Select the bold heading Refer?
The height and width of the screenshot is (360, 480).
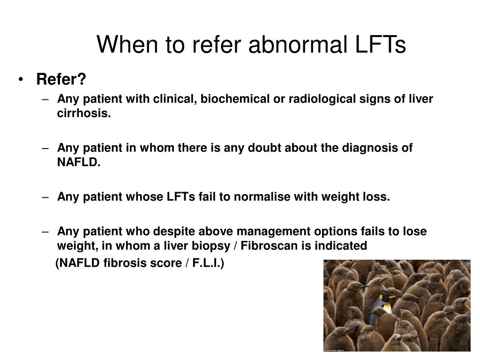[61, 79]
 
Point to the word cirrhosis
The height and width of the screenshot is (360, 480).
[84, 113]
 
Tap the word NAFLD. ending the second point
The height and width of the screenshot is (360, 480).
[79, 162]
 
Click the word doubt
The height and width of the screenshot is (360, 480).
[262, 148]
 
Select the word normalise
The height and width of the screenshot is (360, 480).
[262, 197]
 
